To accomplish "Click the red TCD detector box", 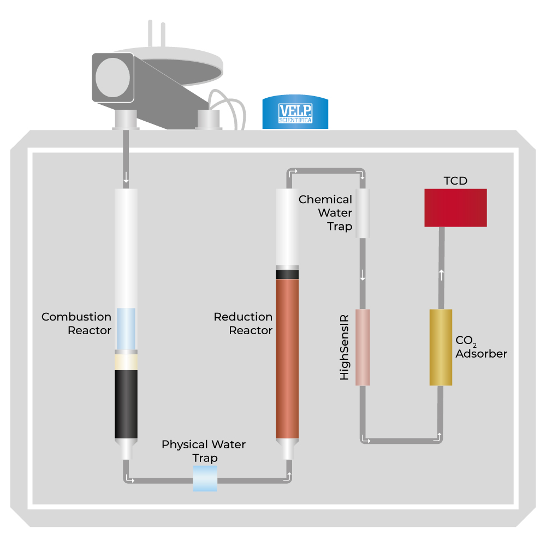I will [x=455, y=207].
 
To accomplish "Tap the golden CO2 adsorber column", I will [x=441, y=347].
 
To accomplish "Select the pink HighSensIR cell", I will [x=363, y=347].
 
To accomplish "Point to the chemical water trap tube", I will [x=363, y=213].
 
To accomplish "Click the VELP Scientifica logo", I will [x=295, y=112].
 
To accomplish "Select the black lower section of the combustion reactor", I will [x=126, y=404].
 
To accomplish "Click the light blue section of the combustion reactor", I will [x=126, y=328].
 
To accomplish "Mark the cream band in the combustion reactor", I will [x=126, y=362].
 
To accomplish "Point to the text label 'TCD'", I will [x=455, y=181].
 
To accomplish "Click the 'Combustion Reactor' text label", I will [x=76, y=323].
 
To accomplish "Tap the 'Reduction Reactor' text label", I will [x=243, y=323].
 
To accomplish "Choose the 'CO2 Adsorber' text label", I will [x=481, y=347].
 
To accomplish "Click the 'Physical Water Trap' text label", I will [x=204, y=451].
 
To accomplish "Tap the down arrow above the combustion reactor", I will [x=126, y=178].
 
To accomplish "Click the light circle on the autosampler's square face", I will [x=112, y=78].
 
